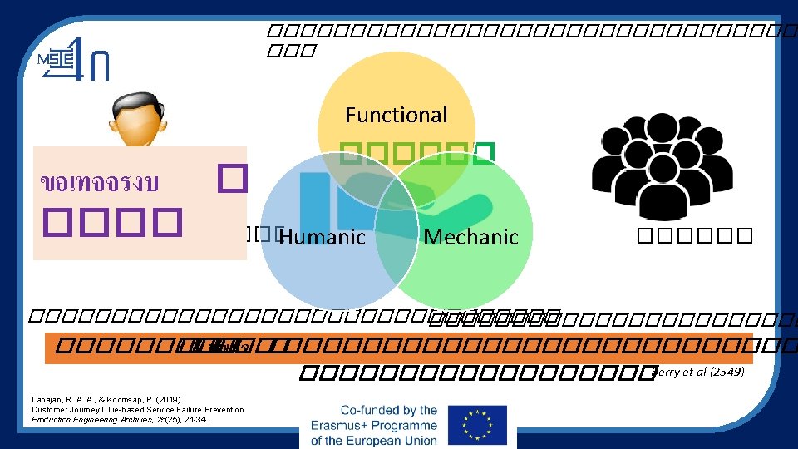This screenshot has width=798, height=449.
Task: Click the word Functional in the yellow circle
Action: click(396, 115)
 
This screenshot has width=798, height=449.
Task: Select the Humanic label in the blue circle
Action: click(322, 238)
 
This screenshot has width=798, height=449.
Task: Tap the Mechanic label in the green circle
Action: click(470, 238)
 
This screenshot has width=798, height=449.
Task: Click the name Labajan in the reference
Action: click(52, 400)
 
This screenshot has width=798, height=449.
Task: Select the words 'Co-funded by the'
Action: click(389, 410)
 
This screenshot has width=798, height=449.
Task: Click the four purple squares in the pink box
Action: click(112, 220)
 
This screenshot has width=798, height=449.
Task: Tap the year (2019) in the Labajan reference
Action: click(165, 400)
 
